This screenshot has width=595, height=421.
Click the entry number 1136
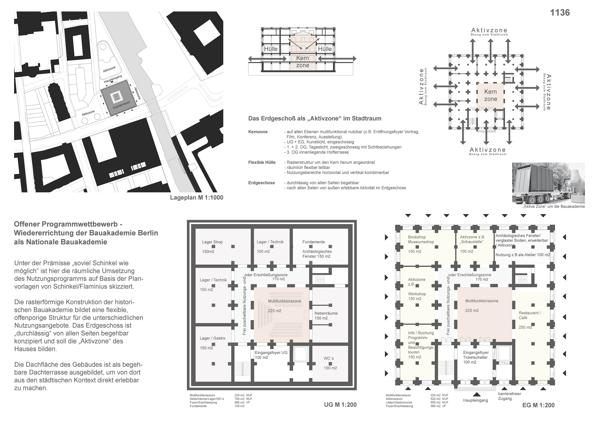point(560,13)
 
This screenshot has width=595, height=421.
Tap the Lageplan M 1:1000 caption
point(197,197)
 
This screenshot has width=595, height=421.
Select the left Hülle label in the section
point(271,49)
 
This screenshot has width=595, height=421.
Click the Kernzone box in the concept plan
point(490,95)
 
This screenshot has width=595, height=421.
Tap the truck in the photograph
point(534,184)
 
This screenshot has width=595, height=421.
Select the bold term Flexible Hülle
point(262,163)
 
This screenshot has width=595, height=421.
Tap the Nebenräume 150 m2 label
point(326,316)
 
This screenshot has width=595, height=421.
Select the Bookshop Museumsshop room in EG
point(421,240)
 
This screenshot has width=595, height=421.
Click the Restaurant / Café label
point(529,315)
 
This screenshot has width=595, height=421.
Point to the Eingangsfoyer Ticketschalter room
point(476,357)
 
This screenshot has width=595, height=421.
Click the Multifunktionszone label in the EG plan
point(482,301)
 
